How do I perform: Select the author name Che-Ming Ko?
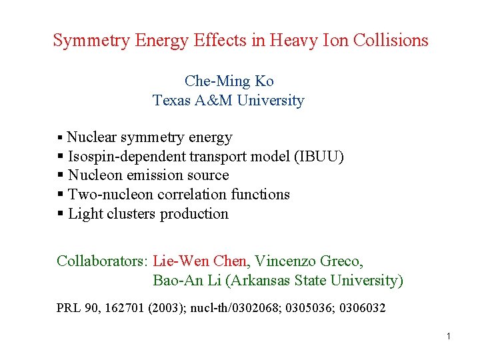coord(229,81)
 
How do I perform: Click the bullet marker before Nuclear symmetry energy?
coord(60,138)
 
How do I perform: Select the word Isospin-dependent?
coord(127,157)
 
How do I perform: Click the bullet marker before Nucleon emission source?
coord(61,175)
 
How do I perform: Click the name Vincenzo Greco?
coord(309,261)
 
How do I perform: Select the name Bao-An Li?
coord(187,280)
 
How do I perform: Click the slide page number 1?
coord(449,336)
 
